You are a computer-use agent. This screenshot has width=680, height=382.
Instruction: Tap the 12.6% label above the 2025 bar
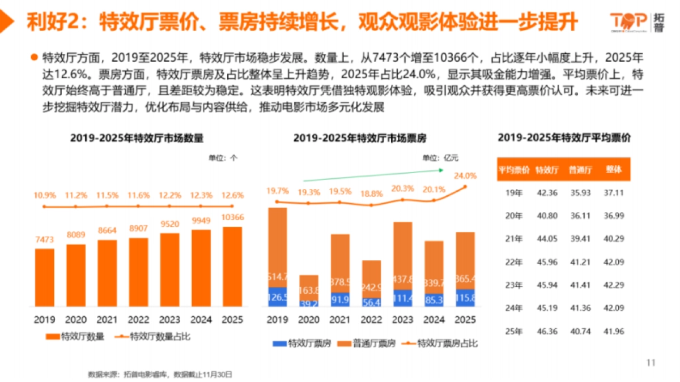coord(233,195)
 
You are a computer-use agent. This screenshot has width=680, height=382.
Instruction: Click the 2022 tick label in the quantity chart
coord(139,320)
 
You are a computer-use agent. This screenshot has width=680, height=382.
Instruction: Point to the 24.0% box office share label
coord(465,175)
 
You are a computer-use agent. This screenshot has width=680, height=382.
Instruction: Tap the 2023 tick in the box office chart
coord(402,320)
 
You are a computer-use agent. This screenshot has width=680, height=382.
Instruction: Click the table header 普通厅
coord(580,169)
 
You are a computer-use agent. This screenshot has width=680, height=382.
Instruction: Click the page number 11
coord(651,362)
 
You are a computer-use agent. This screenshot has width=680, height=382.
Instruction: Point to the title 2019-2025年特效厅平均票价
coord(564,138)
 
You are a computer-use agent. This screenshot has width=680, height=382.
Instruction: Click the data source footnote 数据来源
coord(160,374)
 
